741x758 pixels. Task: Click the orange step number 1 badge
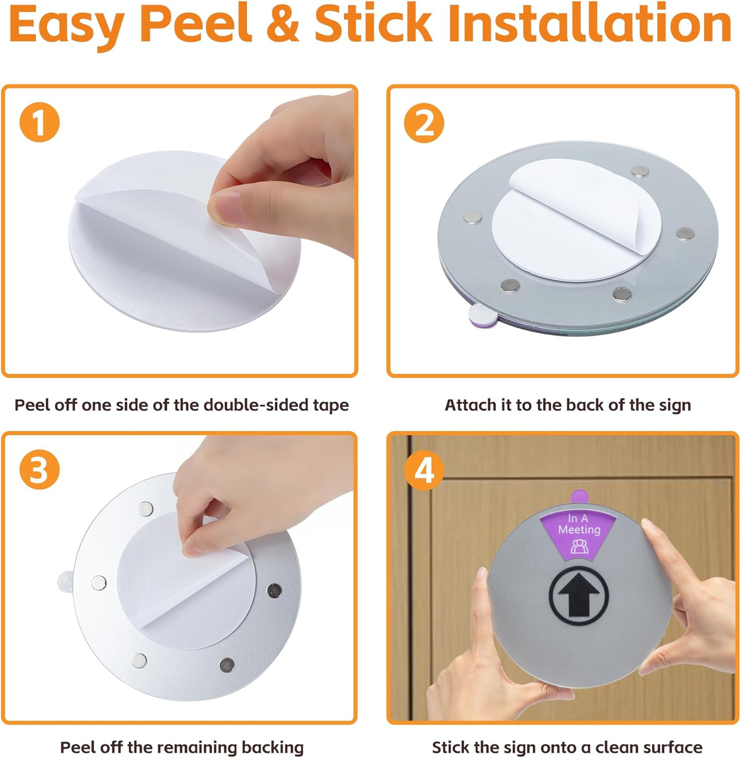(39, 123)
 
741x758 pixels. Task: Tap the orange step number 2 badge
(424, 123)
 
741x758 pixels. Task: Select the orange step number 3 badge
(39, 470)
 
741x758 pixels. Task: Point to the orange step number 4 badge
(424, 470)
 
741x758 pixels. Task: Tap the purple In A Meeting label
(579, 524)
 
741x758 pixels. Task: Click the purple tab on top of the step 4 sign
(579, 497)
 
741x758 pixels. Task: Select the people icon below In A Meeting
(579, 546)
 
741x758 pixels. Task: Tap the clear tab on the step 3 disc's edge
(66, 581)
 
